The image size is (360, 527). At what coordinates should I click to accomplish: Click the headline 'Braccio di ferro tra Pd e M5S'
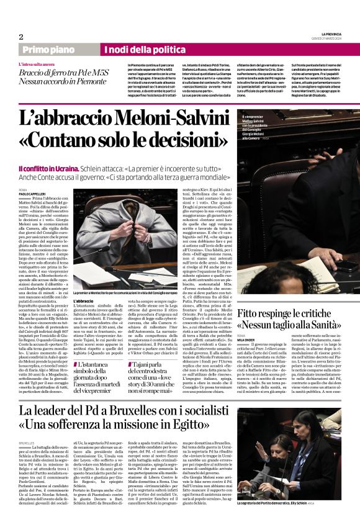tap(58, 73)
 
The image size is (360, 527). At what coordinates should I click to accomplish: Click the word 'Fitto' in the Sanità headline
tap(250, 313)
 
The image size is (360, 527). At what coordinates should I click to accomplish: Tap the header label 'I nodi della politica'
tap(141, 50)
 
